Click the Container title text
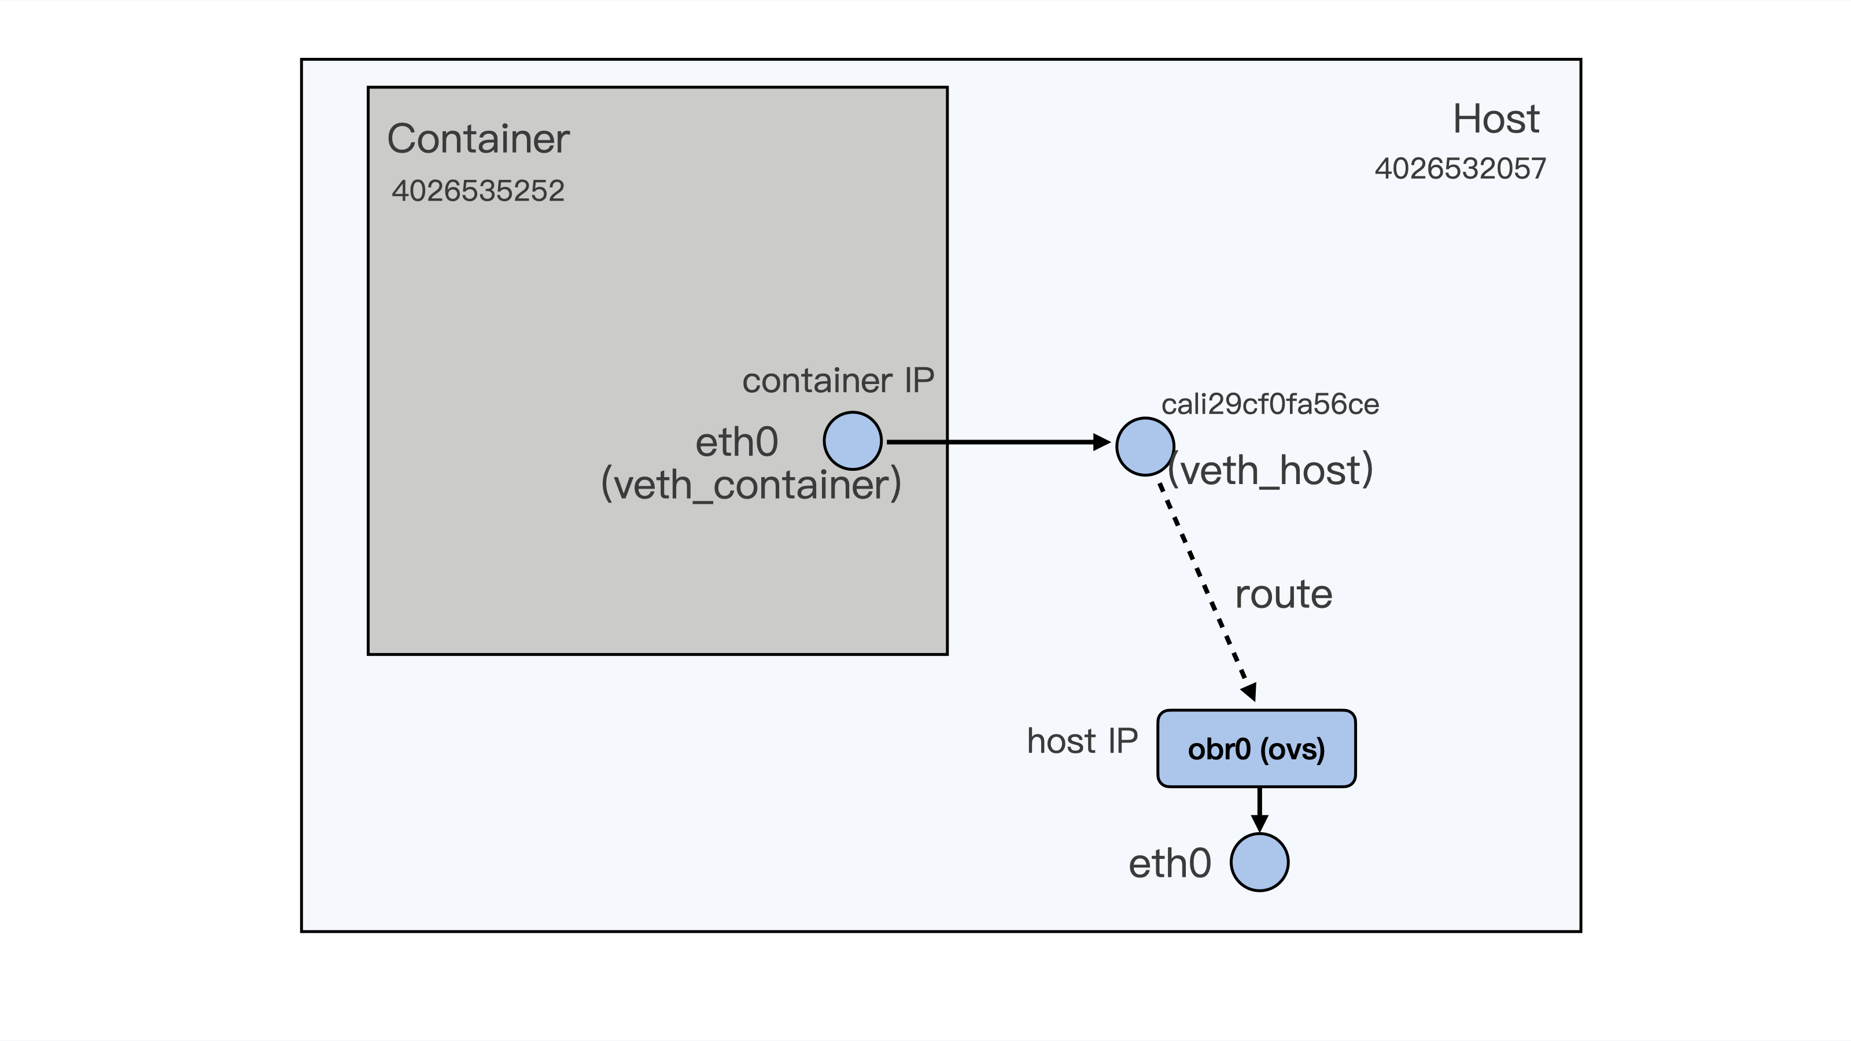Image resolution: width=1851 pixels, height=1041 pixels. pyautogui.click(x=478, y=139)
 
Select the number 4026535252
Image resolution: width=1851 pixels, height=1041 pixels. pyautogui.click(x=478, y=191)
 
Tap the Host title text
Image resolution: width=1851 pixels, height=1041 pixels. pyautogui.click(x=1495, y=119)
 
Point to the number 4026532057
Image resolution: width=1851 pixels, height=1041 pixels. pyautogui.click(x=1459, y=169)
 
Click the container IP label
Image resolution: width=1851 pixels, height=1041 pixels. pyautogui.click(x=838, y=380)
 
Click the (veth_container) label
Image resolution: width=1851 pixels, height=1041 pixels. pyautogui.click(x=750, y=484)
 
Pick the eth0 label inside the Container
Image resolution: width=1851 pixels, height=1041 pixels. pyautogui.click(x=736, y=442)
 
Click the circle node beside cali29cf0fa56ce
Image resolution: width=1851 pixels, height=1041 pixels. pyautogui.click(x=1145, y=446)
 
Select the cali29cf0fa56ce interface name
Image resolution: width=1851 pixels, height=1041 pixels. pyautogui.click(x=1270, y=404)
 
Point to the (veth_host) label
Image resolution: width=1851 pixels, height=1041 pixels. pyautogui.click(x=1270, y=471)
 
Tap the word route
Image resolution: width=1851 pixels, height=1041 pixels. pyautogui.click(x=1284, y=595)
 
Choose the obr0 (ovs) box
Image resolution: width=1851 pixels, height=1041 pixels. pyautogui.click(x=1256, y=748)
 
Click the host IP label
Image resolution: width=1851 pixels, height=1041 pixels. pyautogui.click(x=1082, y=741)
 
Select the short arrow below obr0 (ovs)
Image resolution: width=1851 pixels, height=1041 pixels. pyautogui.click(x=1259, y=809)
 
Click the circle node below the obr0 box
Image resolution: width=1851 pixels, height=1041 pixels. pyautogui.click(x=1259, y=862)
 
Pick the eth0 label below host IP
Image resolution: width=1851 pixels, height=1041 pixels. pyautogui.click(x=1170, y=863)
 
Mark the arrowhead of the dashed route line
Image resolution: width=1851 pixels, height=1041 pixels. pyautogui.click(x=1249, y=692)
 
